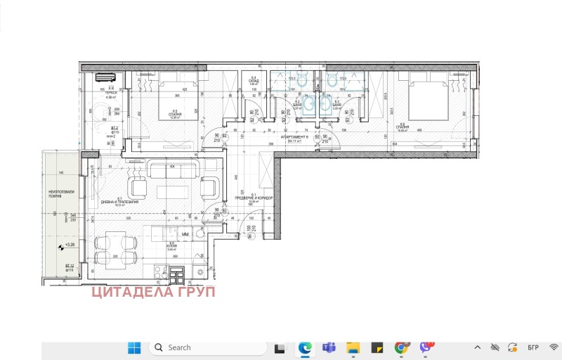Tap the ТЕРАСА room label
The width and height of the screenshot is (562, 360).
point(91,93)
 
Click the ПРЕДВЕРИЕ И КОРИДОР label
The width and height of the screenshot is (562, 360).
point(253,198)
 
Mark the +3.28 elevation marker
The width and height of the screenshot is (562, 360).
point(69,244)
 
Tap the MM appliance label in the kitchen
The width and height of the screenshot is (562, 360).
point(185,233)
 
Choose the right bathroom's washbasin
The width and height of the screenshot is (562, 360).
point(325,105)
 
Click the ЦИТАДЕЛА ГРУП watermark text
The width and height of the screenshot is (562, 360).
point(153,292)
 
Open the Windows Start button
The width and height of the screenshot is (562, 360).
point(134,347)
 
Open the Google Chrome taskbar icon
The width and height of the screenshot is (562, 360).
point(401,347)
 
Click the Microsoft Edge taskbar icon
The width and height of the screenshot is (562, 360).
point(305,347)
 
